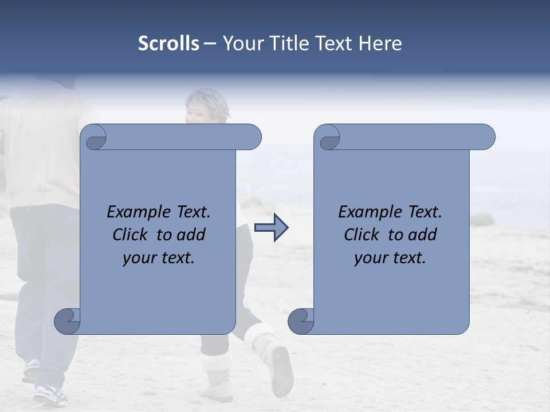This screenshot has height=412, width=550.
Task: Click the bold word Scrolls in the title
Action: tap(168, 43)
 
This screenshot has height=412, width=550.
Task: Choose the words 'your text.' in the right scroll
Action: tap(390, 257)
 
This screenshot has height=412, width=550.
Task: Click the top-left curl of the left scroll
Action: tap(93, 137)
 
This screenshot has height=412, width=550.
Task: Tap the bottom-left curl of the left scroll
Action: tap(67, 321)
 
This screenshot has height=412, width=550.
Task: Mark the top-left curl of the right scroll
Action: tap(327, 137)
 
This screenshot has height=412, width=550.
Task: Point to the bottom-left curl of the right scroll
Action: tap(301, 321)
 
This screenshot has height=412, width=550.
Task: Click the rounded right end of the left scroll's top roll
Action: tap(252, 137)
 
